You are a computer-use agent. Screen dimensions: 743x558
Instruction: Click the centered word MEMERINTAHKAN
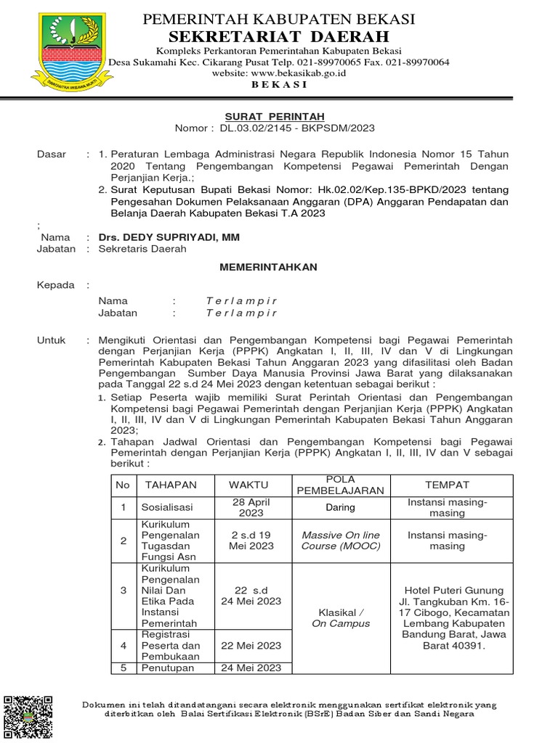(269, 267)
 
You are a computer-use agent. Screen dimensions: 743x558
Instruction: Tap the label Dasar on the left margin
(52, 155)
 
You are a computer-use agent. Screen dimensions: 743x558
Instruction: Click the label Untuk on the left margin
(52, 340)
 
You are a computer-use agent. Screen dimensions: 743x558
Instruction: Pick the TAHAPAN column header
(171, 485)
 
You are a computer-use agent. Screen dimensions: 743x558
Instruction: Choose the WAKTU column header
(248, 485)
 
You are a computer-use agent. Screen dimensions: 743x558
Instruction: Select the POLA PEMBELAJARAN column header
(340, 485)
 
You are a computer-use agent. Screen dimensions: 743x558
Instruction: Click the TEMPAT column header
(447, 485)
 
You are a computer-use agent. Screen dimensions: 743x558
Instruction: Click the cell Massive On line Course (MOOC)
(341, 541)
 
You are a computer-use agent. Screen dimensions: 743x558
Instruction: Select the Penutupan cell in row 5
(168, 668)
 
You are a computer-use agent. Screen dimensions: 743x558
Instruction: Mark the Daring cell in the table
(340, 508)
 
